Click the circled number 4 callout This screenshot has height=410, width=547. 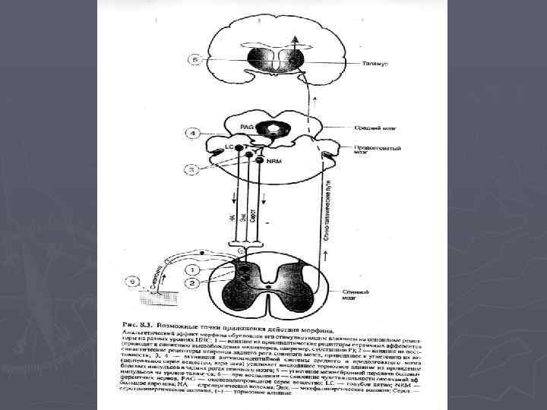(194, 134)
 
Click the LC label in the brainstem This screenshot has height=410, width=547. (229, 145)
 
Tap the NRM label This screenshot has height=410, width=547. (273, 161)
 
